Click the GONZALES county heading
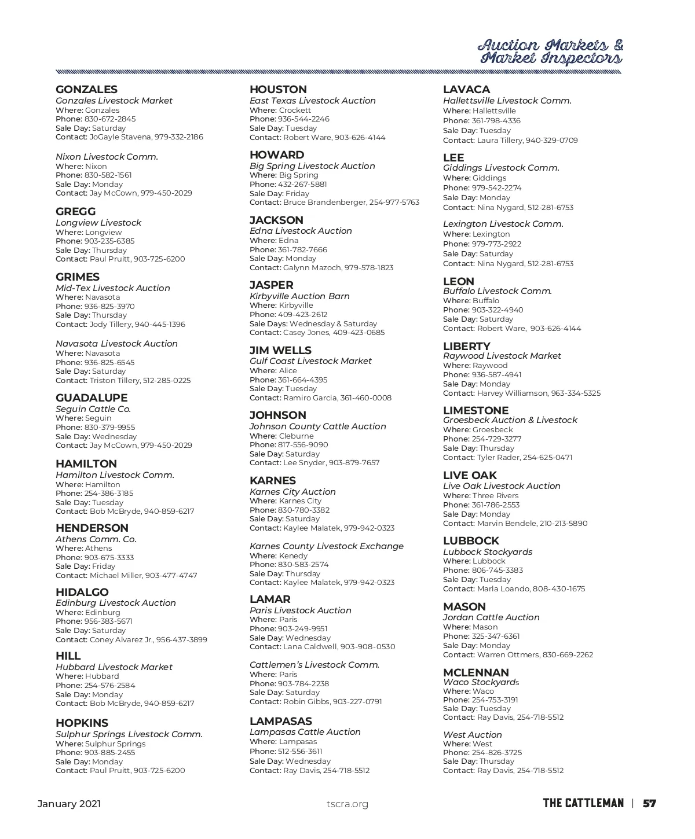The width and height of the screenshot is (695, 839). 86,90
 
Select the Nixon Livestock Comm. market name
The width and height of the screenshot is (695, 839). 107,157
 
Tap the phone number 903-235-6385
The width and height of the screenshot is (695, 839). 109,241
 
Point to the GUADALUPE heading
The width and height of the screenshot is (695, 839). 92,398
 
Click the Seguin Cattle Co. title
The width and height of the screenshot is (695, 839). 93,409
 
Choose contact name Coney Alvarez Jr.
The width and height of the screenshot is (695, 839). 122,640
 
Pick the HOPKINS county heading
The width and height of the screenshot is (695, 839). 82,723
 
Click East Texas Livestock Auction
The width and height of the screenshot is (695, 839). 313,101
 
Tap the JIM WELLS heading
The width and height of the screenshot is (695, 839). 280,351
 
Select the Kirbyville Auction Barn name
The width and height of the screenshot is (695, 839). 299,296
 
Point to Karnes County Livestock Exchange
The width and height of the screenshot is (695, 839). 327,546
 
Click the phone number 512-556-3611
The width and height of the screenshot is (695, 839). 300,752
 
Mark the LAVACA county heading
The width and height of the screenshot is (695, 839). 466,90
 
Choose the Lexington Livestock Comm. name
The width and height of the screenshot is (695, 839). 503,224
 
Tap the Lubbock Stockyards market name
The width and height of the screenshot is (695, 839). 488,552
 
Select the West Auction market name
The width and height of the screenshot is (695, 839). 473,735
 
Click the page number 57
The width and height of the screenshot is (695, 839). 649,804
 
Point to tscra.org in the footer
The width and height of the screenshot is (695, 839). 348,804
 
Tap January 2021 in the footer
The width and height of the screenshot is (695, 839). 69,804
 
